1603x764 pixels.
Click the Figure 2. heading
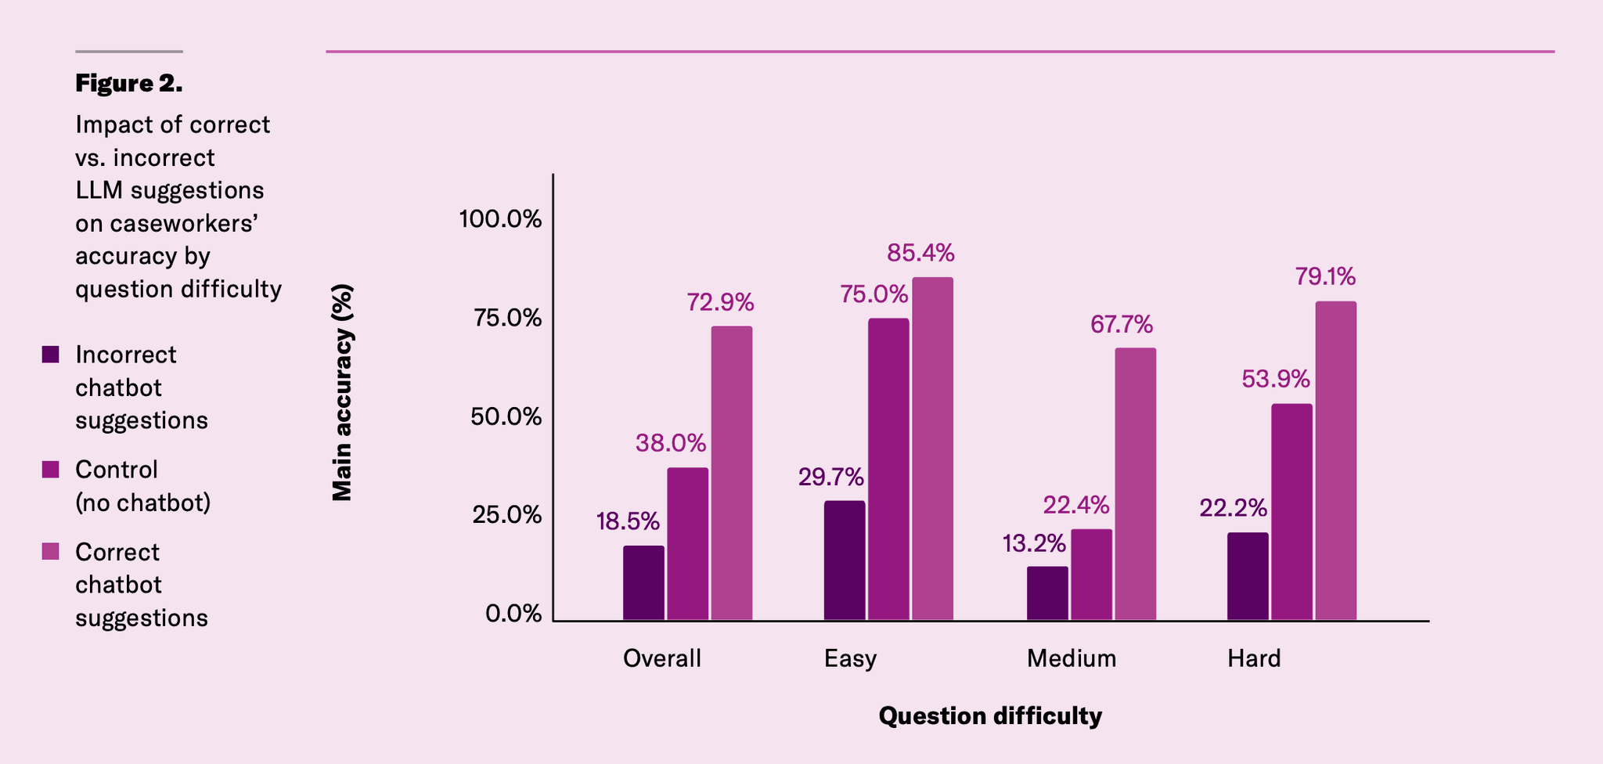[x=129, y=83]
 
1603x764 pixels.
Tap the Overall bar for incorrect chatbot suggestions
[x=643, y=583]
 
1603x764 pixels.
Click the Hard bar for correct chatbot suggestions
[x=1335, y=461]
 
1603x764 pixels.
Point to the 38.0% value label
[x=671, y=443]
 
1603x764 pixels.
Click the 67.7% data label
[x=1122, y=324]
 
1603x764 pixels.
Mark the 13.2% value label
[x=1034, y=542]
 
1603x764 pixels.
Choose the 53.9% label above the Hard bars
[x=1276, y=379]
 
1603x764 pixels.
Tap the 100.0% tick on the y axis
[x=500, y=219]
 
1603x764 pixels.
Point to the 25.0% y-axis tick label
[x=506, y=515]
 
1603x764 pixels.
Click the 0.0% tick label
[x=513, y=614]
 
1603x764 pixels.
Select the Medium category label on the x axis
[x=1072, y=658]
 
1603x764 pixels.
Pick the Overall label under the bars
[x=662, y=658]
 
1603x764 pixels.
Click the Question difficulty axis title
[x=990, y=715]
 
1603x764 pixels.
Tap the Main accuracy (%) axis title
[x=342, y=392]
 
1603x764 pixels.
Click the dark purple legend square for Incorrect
[x=51, y=355]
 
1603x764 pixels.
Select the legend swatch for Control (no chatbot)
[x=51, y=470]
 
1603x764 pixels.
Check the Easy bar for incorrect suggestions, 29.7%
[x=845, y=560]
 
